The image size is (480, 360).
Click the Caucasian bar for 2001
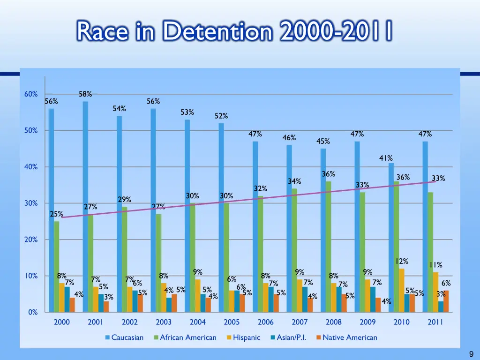pyautogui.click(x=85, y=206)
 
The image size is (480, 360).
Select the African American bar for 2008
pyautogui.click(x=329, y=247)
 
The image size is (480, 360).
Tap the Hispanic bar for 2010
pyautogui.click(x=402, y=290)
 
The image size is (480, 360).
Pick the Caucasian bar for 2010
pyautogui.click(x=391, y=237)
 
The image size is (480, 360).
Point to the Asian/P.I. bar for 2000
pyautogui.click(x=67, y=299)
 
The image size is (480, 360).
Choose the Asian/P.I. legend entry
pyautogui.click(x=288, y=337)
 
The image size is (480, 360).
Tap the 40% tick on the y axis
pyautogui.click(x=31, y=167)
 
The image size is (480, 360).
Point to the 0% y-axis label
pyautogui.click(x=33, y=312)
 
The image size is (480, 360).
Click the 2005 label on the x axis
pyautogui.click(x=232, y=322)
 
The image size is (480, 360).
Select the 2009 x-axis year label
pyautogui.click(x=367, y=322)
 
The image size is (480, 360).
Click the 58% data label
pyautogui.click(x=85, y=94)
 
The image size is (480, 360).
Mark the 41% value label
pyautogui.click(x=386, y=158)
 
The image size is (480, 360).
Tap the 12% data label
pyautogui.click(x=402, y=261)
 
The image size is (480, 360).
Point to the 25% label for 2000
pyautogui.click(x=56, y=214)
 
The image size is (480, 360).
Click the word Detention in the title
pyautogui.click(x=217, y=32)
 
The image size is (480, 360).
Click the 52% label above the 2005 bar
pyautogui.click(x=221, y=116)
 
